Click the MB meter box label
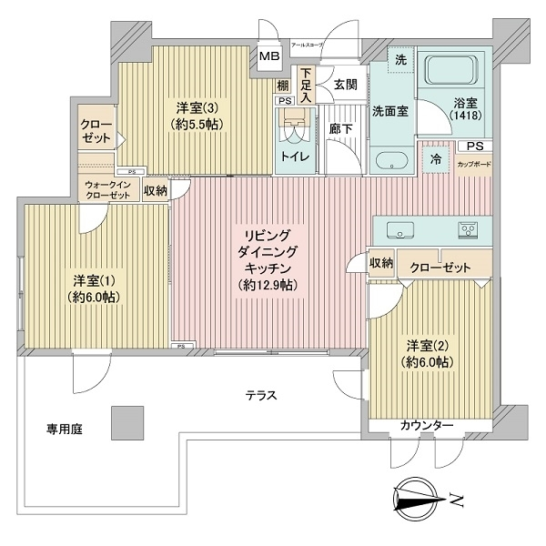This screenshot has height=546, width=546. (269, 57)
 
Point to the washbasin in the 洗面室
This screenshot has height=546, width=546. (391, 163)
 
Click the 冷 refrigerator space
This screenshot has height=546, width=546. (437, 157)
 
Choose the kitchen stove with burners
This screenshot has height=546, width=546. (468, 227)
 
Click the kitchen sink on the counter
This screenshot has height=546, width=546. (401, 227)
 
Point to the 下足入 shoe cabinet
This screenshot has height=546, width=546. (307, 84)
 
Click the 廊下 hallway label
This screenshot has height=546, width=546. (340, 130)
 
